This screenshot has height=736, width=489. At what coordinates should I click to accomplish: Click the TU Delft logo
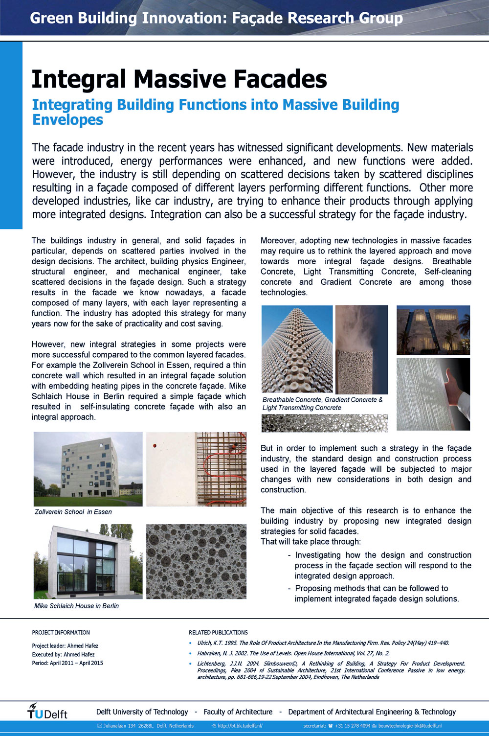(x=47, y=712)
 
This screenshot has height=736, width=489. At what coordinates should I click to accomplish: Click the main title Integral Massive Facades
(x=179, y=79)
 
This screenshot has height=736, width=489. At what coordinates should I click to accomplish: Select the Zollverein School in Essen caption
(x=73, y=512)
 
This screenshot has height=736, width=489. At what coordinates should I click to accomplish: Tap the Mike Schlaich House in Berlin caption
(x=76, y=606)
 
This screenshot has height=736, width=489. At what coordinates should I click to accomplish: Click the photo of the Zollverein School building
(x=88, y=469)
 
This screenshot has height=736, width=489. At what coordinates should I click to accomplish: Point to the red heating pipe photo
(x=196, y=469)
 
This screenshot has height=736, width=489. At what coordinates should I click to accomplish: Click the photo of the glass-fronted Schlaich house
(x=88, y=561)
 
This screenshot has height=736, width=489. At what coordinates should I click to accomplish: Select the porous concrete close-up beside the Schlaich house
(x=196, y=561)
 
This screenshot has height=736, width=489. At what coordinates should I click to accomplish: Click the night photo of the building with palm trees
(x=433, y=330)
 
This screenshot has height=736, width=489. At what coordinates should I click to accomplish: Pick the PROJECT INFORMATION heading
(x=61, y=632)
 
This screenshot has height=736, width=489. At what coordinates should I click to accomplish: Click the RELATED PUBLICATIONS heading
(x=218, y=632)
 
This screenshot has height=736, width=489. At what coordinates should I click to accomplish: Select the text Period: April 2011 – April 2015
(x=67, y=663)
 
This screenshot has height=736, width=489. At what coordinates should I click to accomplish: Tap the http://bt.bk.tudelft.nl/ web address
(x=240, y=726)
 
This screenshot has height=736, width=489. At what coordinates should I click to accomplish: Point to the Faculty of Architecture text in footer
(x=238, y=712)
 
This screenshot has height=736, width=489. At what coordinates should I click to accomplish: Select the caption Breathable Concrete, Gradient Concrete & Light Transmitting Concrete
(x=322, y=404)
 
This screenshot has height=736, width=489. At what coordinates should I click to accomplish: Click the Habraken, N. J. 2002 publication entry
(x=293, y=653)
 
